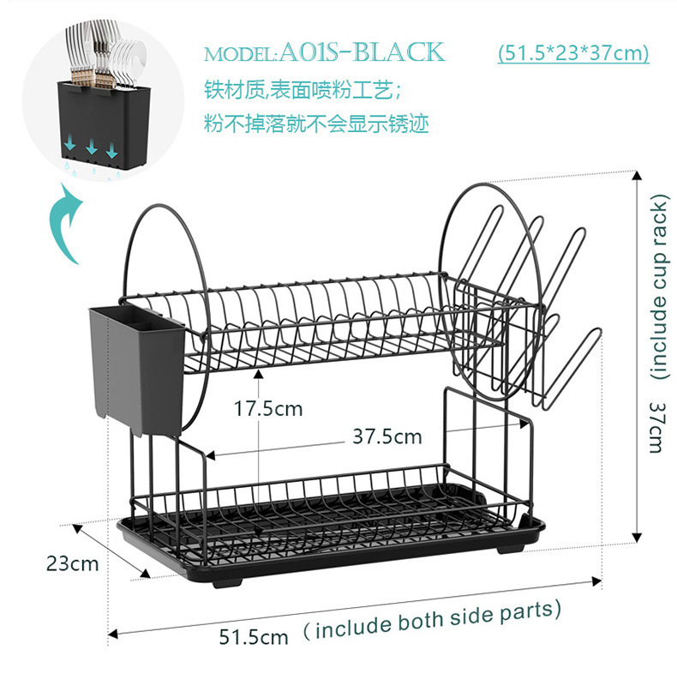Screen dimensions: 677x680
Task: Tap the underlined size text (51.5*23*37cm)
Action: point(572,53)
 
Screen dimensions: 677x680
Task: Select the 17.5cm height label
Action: point(268,409)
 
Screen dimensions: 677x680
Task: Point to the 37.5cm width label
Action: point(387,436)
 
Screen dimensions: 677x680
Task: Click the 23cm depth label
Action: point(72,564)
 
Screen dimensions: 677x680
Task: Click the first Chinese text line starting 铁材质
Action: point(302,88)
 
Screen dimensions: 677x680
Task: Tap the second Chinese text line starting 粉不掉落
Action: point(316,123)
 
